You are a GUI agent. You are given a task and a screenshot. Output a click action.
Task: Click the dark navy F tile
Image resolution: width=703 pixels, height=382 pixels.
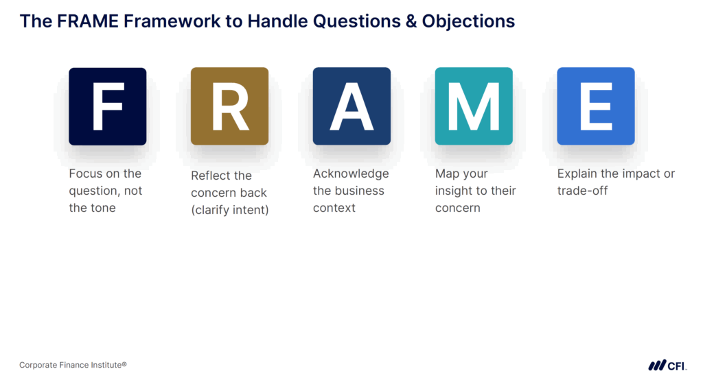pyautogui.click(x=107, y=106)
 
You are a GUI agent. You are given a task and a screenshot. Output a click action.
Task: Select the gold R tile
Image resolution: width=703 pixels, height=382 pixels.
pyautogui.click(x=229, y=106)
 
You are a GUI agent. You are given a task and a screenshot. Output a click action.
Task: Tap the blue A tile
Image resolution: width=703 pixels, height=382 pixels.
pyautogui.click(x=351, y=106)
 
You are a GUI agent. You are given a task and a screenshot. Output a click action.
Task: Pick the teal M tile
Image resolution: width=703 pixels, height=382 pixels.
pyautogui.click(x=474, y=106)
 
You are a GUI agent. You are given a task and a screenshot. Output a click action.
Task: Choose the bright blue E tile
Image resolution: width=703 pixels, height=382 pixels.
pyautogui.click(x=595, y=106)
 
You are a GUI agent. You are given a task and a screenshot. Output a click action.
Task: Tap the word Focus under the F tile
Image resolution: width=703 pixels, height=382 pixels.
pyautogui.click(x=86, y=174)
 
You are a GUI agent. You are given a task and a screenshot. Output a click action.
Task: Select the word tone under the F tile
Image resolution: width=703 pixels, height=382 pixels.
pyautogui.click(x=102, y=208)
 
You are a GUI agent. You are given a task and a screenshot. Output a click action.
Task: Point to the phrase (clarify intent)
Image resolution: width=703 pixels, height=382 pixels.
pyautogui.click(x=229, y=210)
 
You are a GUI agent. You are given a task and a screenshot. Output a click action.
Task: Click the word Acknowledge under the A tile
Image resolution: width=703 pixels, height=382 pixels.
pyautogui.click(x=351, y=174)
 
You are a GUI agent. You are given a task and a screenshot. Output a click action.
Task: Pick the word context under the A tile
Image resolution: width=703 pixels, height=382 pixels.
pyautogui.click(x=334, y=208)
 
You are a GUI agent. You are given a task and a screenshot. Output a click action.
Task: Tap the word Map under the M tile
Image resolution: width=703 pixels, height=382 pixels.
pyautogui.click(x=447, y=174)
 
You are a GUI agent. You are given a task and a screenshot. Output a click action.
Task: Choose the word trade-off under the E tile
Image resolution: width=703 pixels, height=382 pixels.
pyautogui.click(x=582, y=191)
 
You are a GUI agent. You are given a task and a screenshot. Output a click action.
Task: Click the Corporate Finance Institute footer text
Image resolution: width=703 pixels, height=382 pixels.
pyautogui.click(x=73, y=366)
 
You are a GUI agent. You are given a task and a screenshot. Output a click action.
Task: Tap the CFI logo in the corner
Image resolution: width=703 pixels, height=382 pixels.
pyautogui.click(x=667, y=366)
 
